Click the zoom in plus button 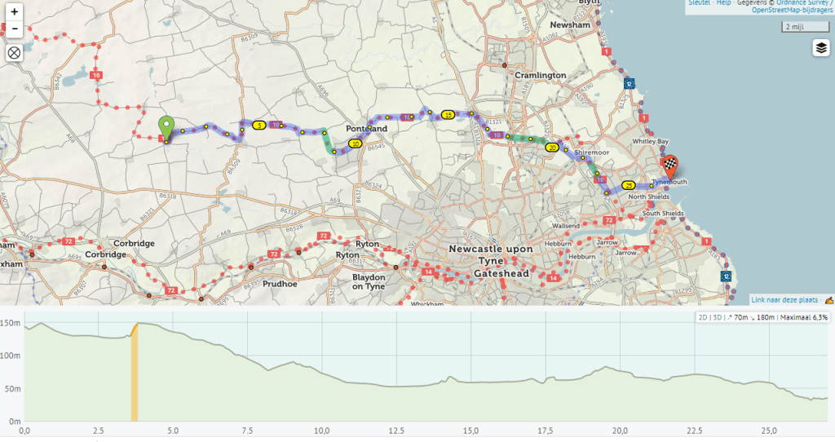coord(14,12)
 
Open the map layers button coord(820,48)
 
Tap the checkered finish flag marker coord(669,166)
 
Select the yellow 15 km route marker coord(448,114)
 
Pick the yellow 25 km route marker coord(629,185)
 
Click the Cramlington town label coord(540,75)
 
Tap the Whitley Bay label coord(651,142)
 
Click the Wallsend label coord(565,225)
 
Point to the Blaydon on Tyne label coord(368,281)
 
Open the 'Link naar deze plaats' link coord(785,300)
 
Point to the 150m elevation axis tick coord(10,323)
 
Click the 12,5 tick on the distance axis coord(396,431)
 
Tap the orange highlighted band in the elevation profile coord(135,371)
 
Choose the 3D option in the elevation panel coord(718,317)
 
